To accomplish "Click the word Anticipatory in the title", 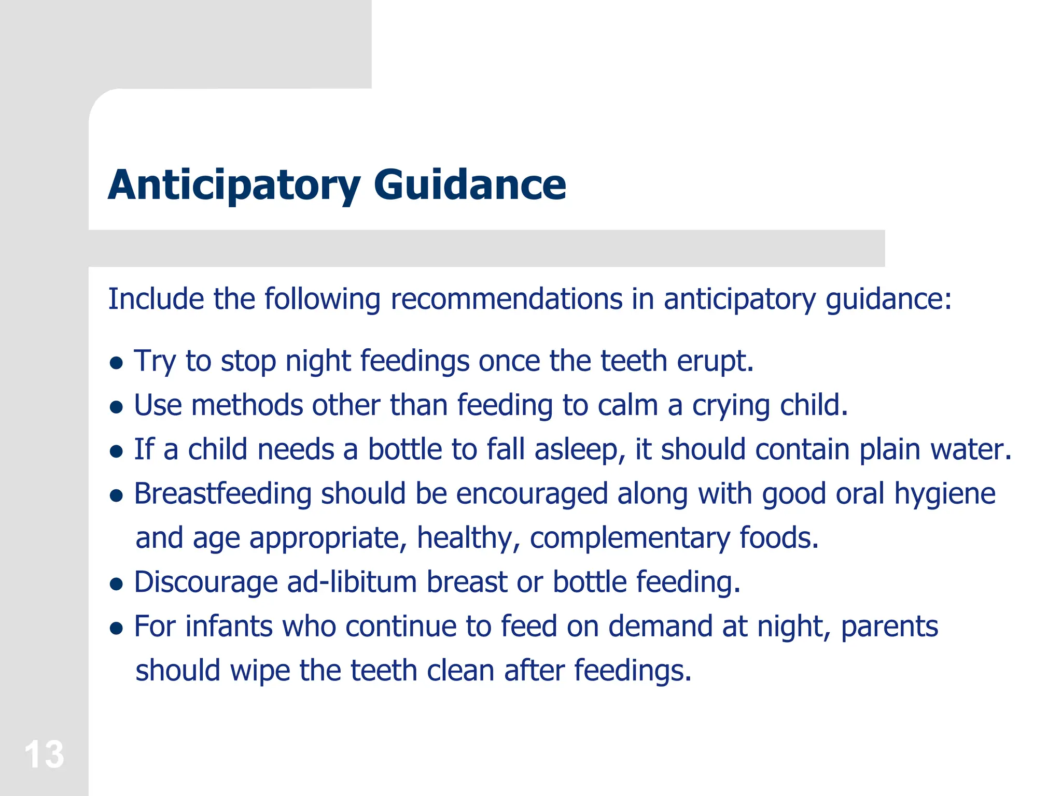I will pyautogui.click(x=233, y=185).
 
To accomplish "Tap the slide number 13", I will pyautogui.click(x=44, y=755).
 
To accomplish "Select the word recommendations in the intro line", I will pyautogui.click(x=506, y=299).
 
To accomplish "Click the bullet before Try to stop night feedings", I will pyautogui.click(x=117, y=363).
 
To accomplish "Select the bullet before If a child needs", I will pyautogui.click(x=117, y=451).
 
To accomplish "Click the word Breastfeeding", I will pyautogui.click(x=222, y=493).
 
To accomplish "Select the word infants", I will pyautogui.click(x=229, y=626).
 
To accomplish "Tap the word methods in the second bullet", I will pyautogui.click(x=247, y=405).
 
